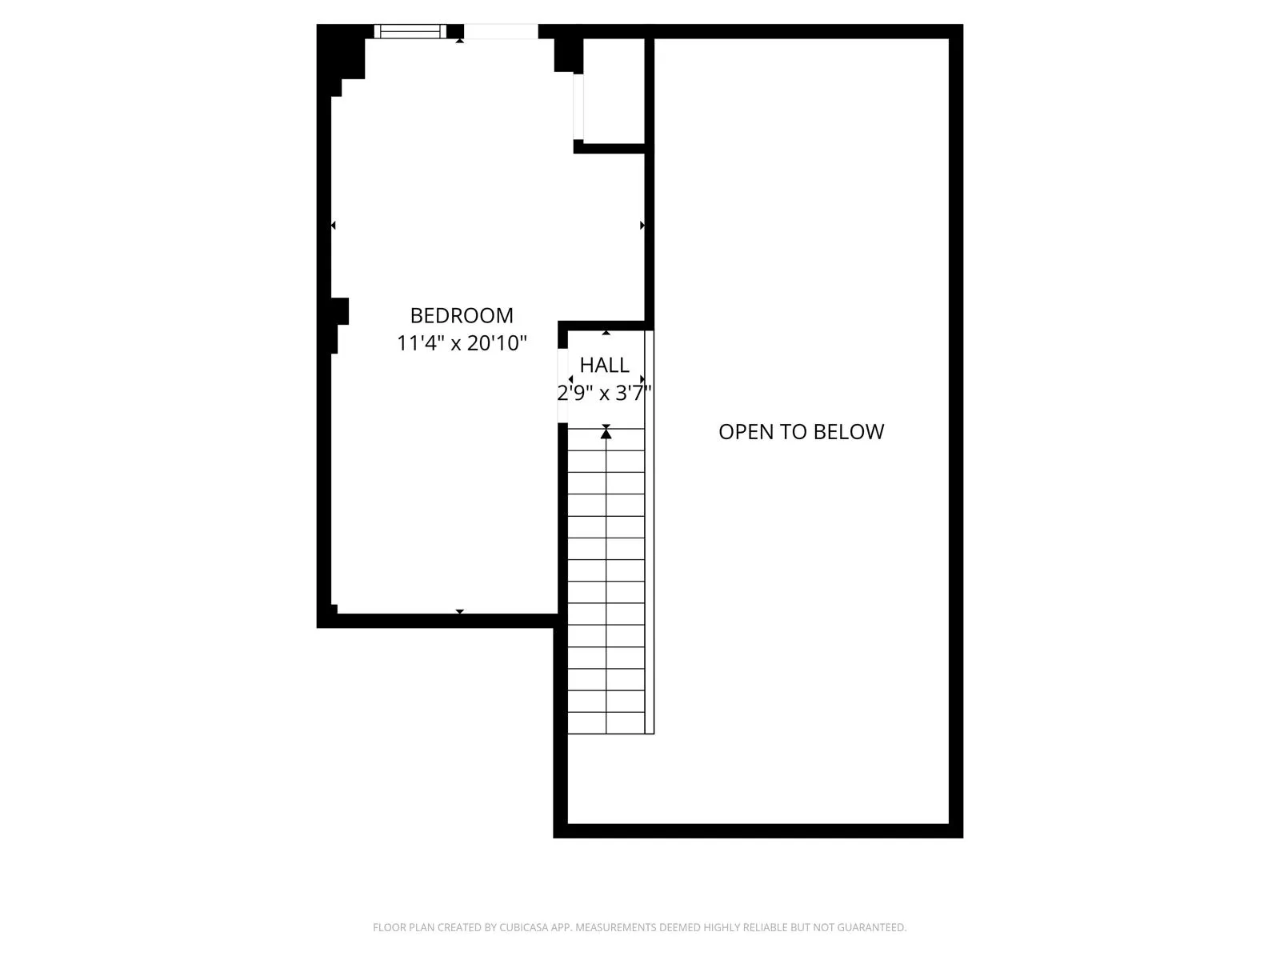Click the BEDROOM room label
(462, 315)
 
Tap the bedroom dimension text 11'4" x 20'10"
(462, 343)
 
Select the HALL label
(604, 365)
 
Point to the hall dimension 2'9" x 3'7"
(605, 393)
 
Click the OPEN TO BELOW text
(801, 432)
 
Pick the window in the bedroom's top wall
(410, 31)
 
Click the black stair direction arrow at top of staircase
(606, 433)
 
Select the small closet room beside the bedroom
(614, 90)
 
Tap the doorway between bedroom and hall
(562, 386)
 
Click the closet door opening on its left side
(578, 107)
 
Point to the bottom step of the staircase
(606, 722)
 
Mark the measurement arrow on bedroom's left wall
(333, 226)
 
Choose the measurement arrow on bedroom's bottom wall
(459, 612)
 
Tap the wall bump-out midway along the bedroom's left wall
(340, 311)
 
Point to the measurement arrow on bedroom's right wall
(642, 226)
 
